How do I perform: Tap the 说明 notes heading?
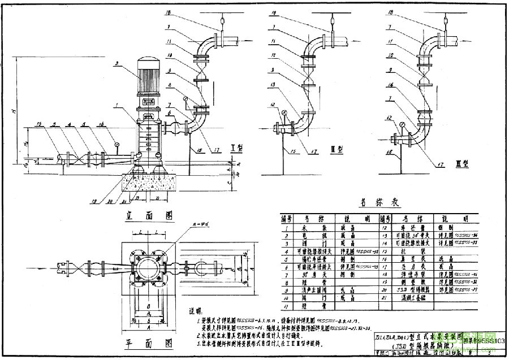(195, 310)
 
